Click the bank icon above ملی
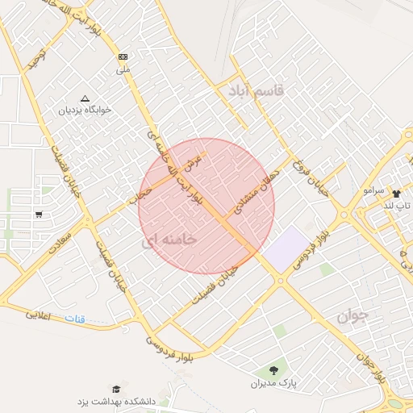click(123, 57)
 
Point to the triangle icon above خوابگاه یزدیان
click(85, 98)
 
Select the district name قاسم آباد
click(257, 91)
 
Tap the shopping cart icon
click(38, 215)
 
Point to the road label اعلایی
click(38, 315)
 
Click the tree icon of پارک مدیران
click(273, 370)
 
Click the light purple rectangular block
click(286, 249)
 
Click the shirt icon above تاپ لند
click(396, 194)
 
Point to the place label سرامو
click(373, 190)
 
